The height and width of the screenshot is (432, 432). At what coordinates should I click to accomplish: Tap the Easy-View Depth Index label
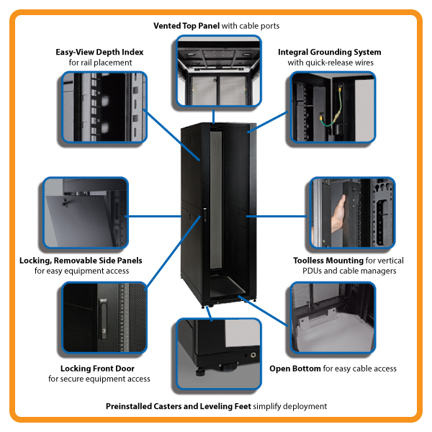[x=100, y=52]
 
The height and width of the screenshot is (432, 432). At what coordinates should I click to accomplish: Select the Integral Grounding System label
[x=330, y=52]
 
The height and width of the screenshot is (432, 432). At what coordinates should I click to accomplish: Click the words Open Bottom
[x=295, y=369]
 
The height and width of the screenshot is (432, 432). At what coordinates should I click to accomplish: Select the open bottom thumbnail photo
[x=333, y=317]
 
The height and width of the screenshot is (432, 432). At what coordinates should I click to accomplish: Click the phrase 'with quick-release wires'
[x=330, y=63]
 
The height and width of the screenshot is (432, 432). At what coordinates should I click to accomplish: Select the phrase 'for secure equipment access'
[x=99, y=379]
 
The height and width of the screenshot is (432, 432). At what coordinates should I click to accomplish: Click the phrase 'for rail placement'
[x=100, y=63]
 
